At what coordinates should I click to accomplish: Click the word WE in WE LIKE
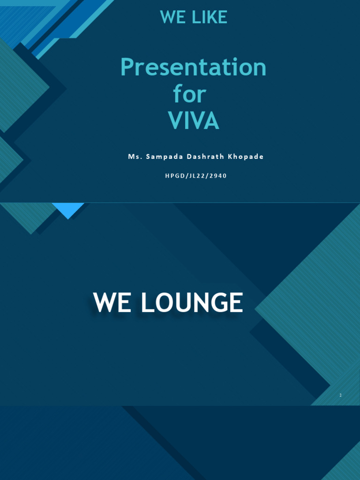point(171,17)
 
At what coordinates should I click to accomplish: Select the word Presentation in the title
point(193,68)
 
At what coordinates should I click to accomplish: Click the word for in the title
point(189,94)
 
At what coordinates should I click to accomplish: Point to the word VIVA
point(194,121)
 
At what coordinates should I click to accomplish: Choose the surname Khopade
point(245,157)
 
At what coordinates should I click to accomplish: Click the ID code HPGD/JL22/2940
point(195,176)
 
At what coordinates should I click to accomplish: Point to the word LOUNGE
point(192,303)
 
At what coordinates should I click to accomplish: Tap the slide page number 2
point(341,395)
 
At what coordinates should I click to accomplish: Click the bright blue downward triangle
point(68,210)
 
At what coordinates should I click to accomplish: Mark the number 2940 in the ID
point(218,176)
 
